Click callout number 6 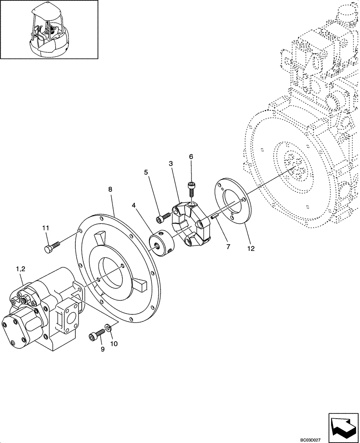(191, 156)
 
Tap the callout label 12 (251, 249)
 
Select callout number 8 (110, 189)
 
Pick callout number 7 (228, 246)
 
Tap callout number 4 (134, 205)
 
